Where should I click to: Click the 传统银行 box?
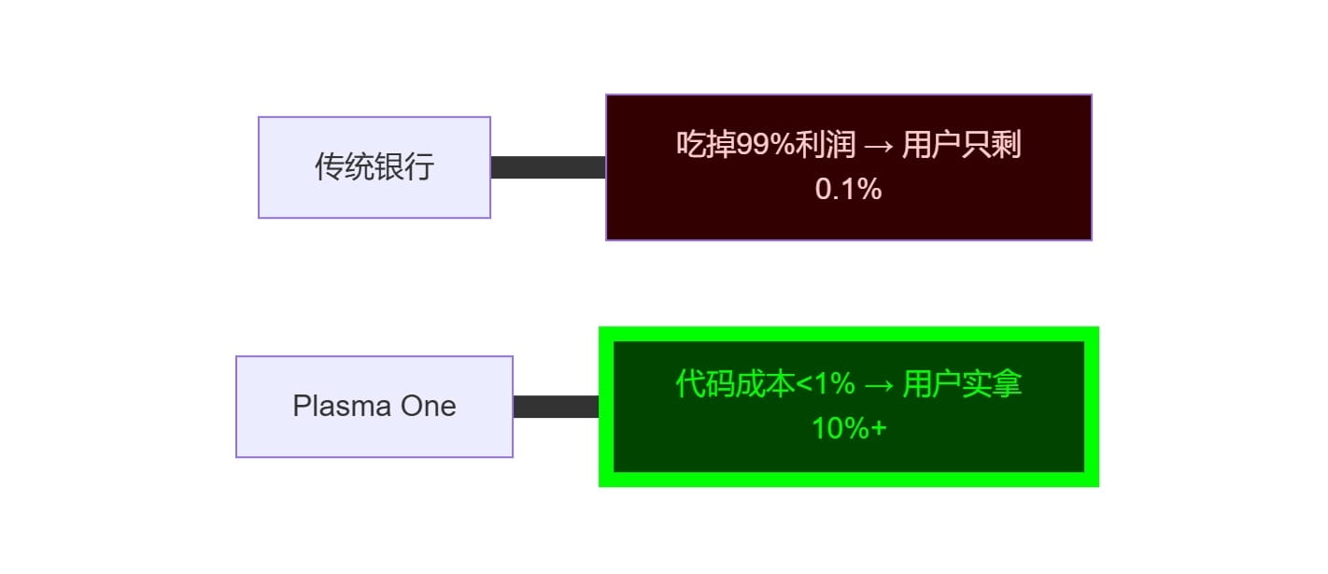point(374,167)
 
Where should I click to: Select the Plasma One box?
point(374,407)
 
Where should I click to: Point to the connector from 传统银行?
point(548,167)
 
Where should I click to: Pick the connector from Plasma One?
point(556,407)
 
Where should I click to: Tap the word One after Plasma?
point(429,407)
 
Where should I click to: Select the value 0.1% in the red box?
point(848,189)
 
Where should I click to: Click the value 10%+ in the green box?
point(848,428)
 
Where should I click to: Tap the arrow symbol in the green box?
point(879,385)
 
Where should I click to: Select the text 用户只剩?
point(962,145)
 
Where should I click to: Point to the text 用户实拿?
point(962,384)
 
